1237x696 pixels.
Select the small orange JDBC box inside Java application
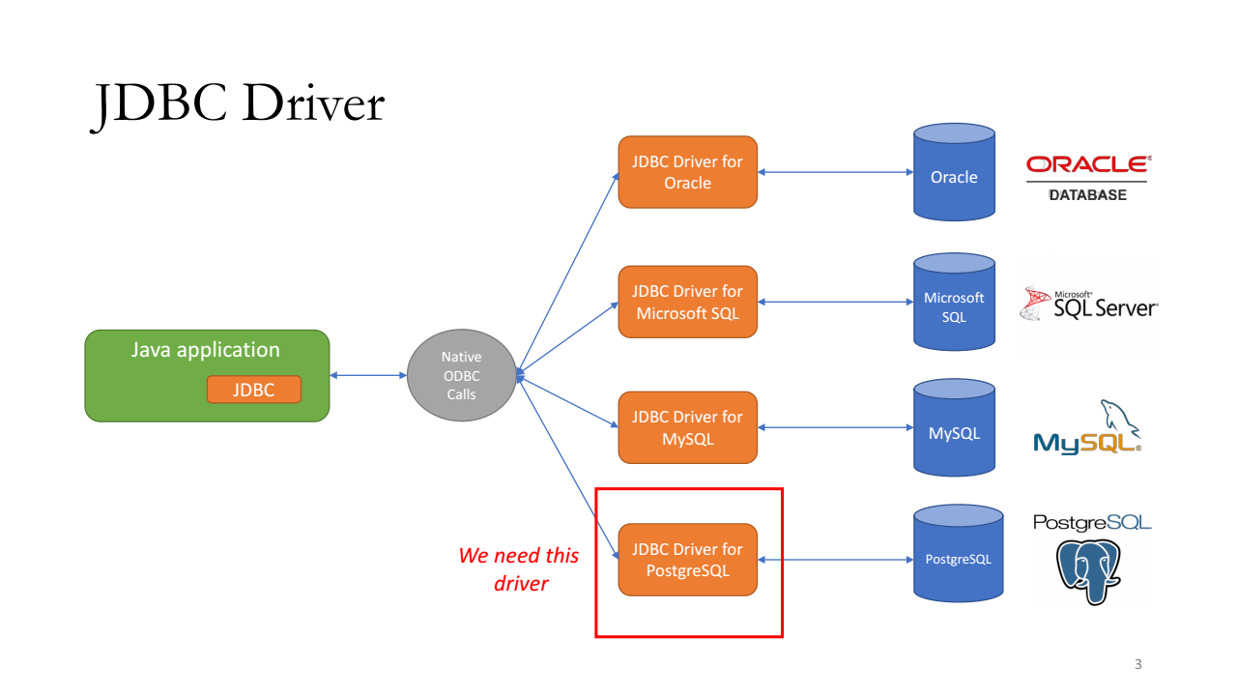(254, 390)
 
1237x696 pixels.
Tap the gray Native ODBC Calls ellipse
(462, 376)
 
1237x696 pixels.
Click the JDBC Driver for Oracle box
(687, 172)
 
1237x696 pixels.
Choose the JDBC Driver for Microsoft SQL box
(687, 302)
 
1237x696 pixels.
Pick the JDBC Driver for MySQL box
(687, 427)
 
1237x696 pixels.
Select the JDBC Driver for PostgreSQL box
(687, 560)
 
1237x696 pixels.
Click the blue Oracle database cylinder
(954, 172)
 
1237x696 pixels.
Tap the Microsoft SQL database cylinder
(954, 302)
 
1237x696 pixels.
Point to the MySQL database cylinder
(954, 427)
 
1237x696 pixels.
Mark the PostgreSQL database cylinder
(958, 554)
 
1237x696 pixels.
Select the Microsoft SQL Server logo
(1088, 304)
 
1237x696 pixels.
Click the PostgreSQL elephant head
(1088, 571)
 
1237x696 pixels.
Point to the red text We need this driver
(519, 569)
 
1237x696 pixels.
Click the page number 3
(1138, 664)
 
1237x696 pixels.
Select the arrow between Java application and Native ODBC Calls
(368, 376)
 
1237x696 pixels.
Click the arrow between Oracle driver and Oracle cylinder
(836, 172)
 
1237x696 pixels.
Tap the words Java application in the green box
(206, 350)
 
